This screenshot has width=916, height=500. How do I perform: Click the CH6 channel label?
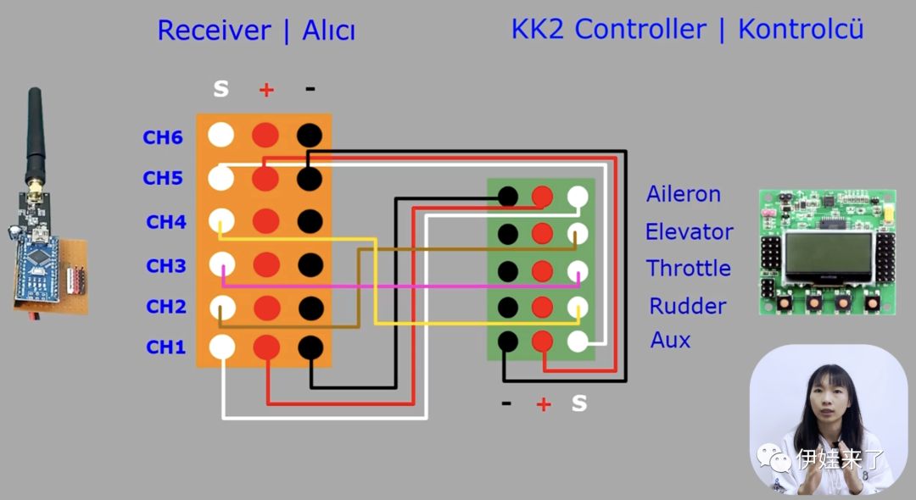coord(162,137)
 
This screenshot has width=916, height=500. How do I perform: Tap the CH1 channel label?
coord(165,347)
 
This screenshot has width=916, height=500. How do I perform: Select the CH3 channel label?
coord(165,266)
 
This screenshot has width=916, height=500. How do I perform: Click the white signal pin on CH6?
coord(221,134)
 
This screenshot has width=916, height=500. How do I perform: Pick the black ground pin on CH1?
coord(310,347)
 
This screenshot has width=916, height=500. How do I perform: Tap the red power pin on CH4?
coord(266,221)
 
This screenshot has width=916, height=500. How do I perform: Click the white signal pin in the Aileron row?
coord(578,197)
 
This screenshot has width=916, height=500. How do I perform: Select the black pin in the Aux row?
coord(507,341)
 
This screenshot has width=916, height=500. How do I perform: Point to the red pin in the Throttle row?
coord(542,271)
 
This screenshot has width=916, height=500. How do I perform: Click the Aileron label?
coord(683,194)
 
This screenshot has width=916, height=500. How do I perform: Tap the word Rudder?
coord(688,306)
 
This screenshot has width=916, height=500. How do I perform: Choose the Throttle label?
coord(688,269)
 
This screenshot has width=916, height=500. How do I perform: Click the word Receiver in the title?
coord(214,31)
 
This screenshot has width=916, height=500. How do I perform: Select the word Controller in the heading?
coord(640,29)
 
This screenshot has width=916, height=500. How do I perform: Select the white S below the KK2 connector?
coord(579,403)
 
